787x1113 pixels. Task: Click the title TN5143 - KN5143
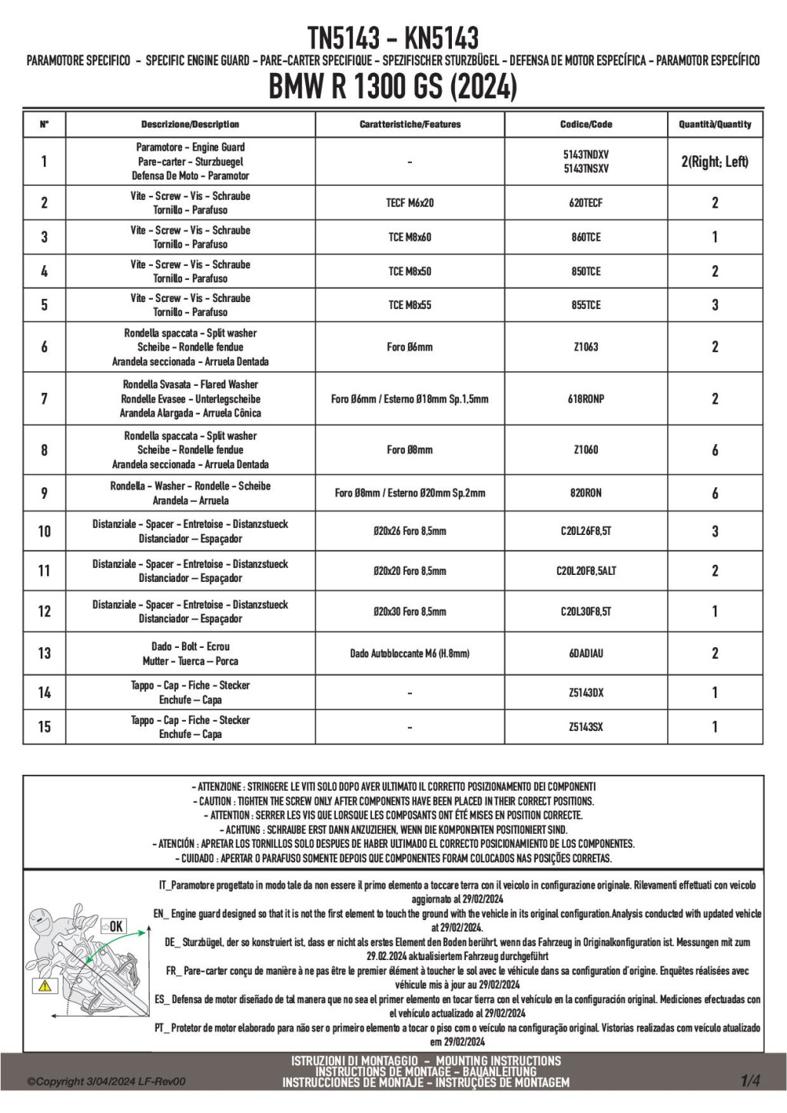[393, 37]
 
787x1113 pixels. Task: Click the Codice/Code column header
[586, 125]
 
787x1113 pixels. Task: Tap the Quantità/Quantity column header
[715, 125]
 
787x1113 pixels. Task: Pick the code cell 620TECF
[586, 203]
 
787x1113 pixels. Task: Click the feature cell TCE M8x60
[410, 238]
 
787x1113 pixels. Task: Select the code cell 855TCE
[586, 305]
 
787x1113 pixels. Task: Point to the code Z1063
[586, 347]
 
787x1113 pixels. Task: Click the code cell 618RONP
[586, 399]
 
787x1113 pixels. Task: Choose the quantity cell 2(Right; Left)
[715, 161]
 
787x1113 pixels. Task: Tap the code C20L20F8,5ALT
[586, 571]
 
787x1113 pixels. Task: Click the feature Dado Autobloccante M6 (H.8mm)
[410, 653]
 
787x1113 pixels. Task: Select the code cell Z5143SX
[586, 726]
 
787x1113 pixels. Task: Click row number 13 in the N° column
[45, 653]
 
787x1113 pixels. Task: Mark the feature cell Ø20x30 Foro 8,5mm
[410, 612]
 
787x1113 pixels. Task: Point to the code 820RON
[586, 493]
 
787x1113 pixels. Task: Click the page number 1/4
[750, 1081]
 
